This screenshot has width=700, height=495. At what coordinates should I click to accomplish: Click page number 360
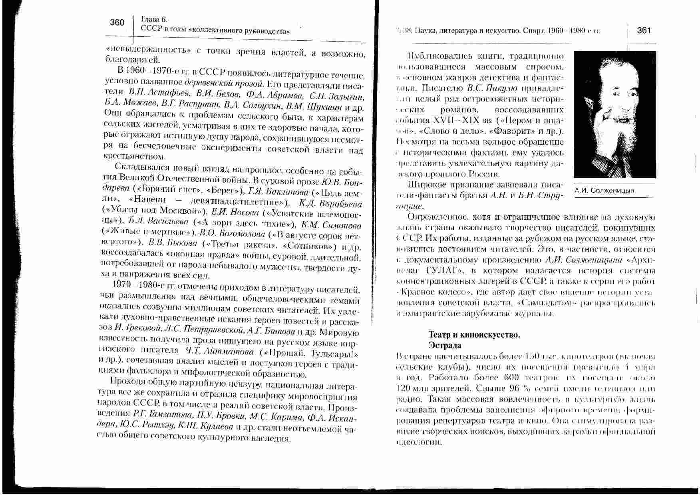[117, 23]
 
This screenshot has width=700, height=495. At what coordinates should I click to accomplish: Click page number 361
[644, 30]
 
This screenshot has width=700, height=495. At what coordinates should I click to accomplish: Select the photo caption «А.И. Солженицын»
[604, 191]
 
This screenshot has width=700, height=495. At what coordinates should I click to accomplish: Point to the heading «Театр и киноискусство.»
[474, 335]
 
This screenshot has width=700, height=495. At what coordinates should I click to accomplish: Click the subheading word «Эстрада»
[445, 345]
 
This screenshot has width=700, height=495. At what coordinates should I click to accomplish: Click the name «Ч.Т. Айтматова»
[219, 352]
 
